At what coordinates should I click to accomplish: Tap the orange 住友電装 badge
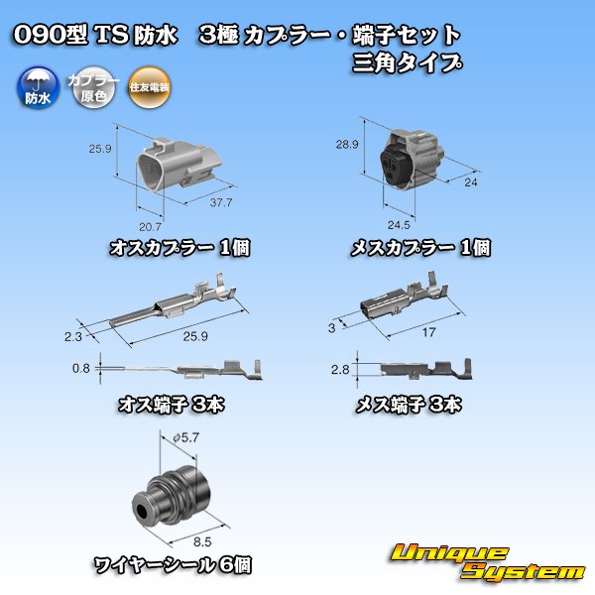150,89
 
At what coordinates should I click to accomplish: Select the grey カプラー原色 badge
92,89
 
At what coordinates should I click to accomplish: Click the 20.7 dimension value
150,227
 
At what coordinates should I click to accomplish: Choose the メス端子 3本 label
409,404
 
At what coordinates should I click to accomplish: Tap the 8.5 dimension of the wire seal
201,541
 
